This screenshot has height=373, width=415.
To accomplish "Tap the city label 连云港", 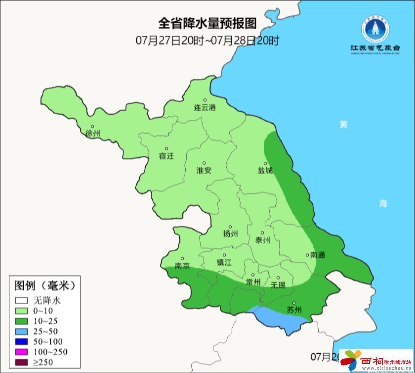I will tap(205, 108).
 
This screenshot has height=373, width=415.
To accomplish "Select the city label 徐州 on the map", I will tap(93, 134).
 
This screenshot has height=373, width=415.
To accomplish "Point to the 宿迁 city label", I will tap(166, 156).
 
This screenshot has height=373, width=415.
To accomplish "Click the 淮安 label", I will tap(204, 171).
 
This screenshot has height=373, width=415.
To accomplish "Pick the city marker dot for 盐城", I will tap(265, 163).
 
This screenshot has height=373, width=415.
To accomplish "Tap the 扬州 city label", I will tap(230, 234).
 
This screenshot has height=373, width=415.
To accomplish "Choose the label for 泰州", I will tap(263, 241).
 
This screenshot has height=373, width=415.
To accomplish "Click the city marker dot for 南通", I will tap(307, 255).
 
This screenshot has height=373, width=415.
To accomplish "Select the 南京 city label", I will tap(182, 266).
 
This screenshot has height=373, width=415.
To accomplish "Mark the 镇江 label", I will tap(224, 262).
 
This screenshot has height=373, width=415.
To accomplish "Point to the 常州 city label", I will tap(253, 282).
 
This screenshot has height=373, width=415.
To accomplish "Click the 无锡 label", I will tap(278, 285).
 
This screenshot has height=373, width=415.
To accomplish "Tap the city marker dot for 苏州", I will tap(294, 303).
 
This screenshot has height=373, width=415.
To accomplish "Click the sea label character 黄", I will tap(343, 125).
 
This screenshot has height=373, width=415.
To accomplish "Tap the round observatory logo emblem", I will tap(375, 30).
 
